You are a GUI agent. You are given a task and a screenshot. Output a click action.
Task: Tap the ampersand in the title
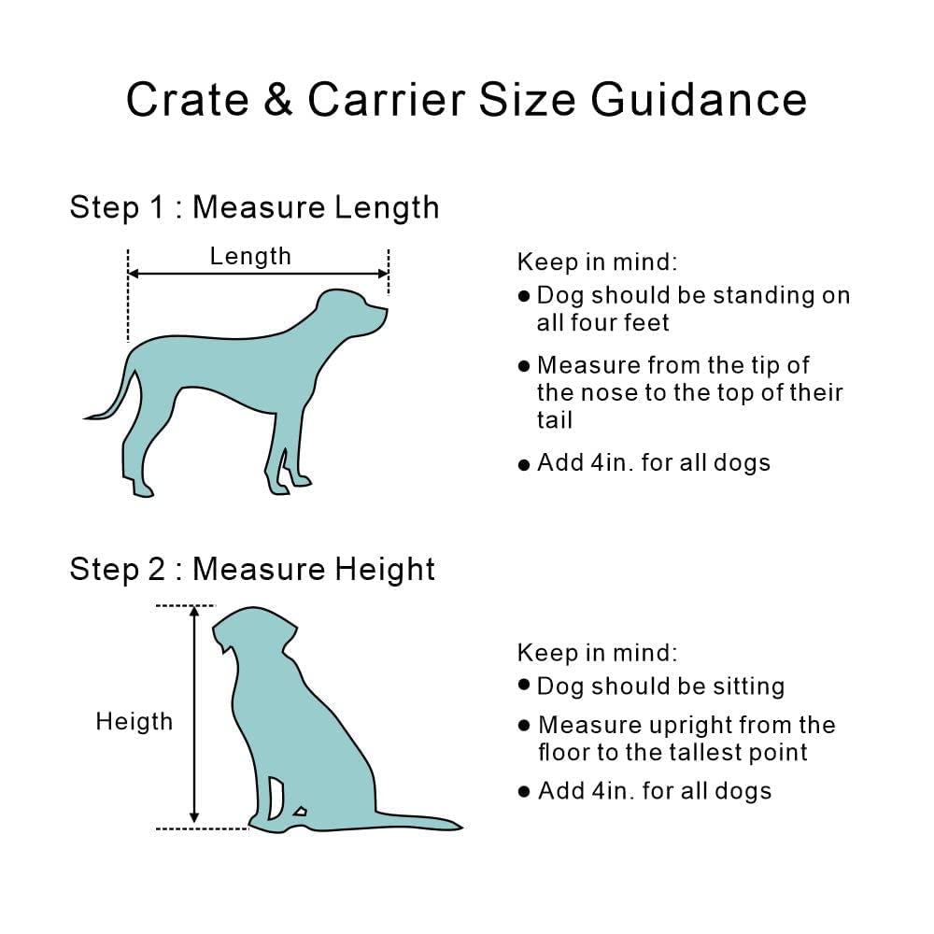(277, 100)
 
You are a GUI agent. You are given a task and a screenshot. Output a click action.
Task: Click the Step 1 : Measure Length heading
(254, 207)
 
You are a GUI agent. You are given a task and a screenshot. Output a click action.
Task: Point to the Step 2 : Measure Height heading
(252, 569)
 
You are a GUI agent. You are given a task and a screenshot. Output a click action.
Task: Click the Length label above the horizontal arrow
(250, 256)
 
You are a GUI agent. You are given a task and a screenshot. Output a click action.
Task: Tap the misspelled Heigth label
(134, 721)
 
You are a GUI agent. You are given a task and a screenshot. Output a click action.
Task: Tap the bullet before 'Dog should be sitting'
(524, 686)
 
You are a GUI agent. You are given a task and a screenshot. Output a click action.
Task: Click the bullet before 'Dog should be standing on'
(524, 296)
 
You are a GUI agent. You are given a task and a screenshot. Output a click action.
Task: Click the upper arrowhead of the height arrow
(194, 612)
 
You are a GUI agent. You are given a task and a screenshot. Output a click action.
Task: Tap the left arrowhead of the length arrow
(134, 274)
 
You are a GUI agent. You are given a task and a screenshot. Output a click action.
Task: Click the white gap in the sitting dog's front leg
(276, 797)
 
